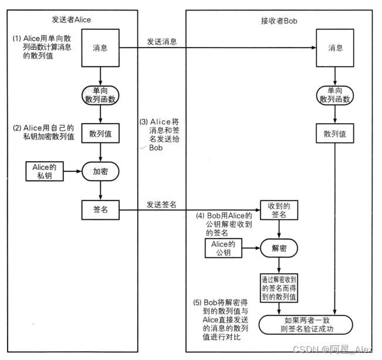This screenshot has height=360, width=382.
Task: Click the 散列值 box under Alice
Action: coord(102,134)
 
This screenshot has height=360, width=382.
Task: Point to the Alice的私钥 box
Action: coord(44,172)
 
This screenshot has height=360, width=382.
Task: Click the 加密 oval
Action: coord(102,172)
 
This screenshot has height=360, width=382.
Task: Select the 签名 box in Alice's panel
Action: coord(102,209)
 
